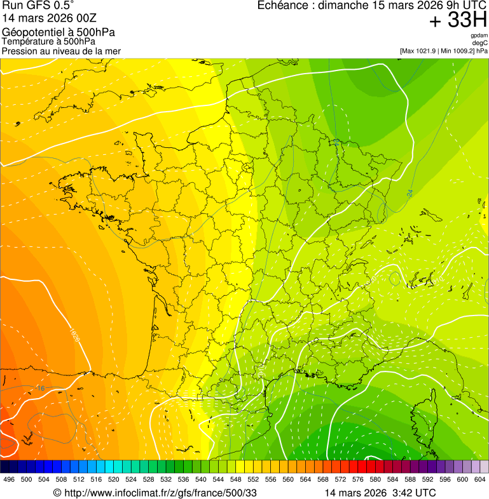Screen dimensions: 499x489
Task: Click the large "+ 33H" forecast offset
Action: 458,20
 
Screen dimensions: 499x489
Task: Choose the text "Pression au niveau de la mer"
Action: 61,51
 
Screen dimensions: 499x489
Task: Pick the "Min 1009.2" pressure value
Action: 457,51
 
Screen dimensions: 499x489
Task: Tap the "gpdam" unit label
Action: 479,36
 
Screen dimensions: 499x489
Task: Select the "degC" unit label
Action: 480,43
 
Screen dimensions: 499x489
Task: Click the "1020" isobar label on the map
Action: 75,336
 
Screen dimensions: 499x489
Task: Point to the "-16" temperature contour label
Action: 40,388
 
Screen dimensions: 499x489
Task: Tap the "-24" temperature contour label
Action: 410,192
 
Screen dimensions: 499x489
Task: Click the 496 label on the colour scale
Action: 9,480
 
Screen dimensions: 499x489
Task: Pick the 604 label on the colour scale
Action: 480,480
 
